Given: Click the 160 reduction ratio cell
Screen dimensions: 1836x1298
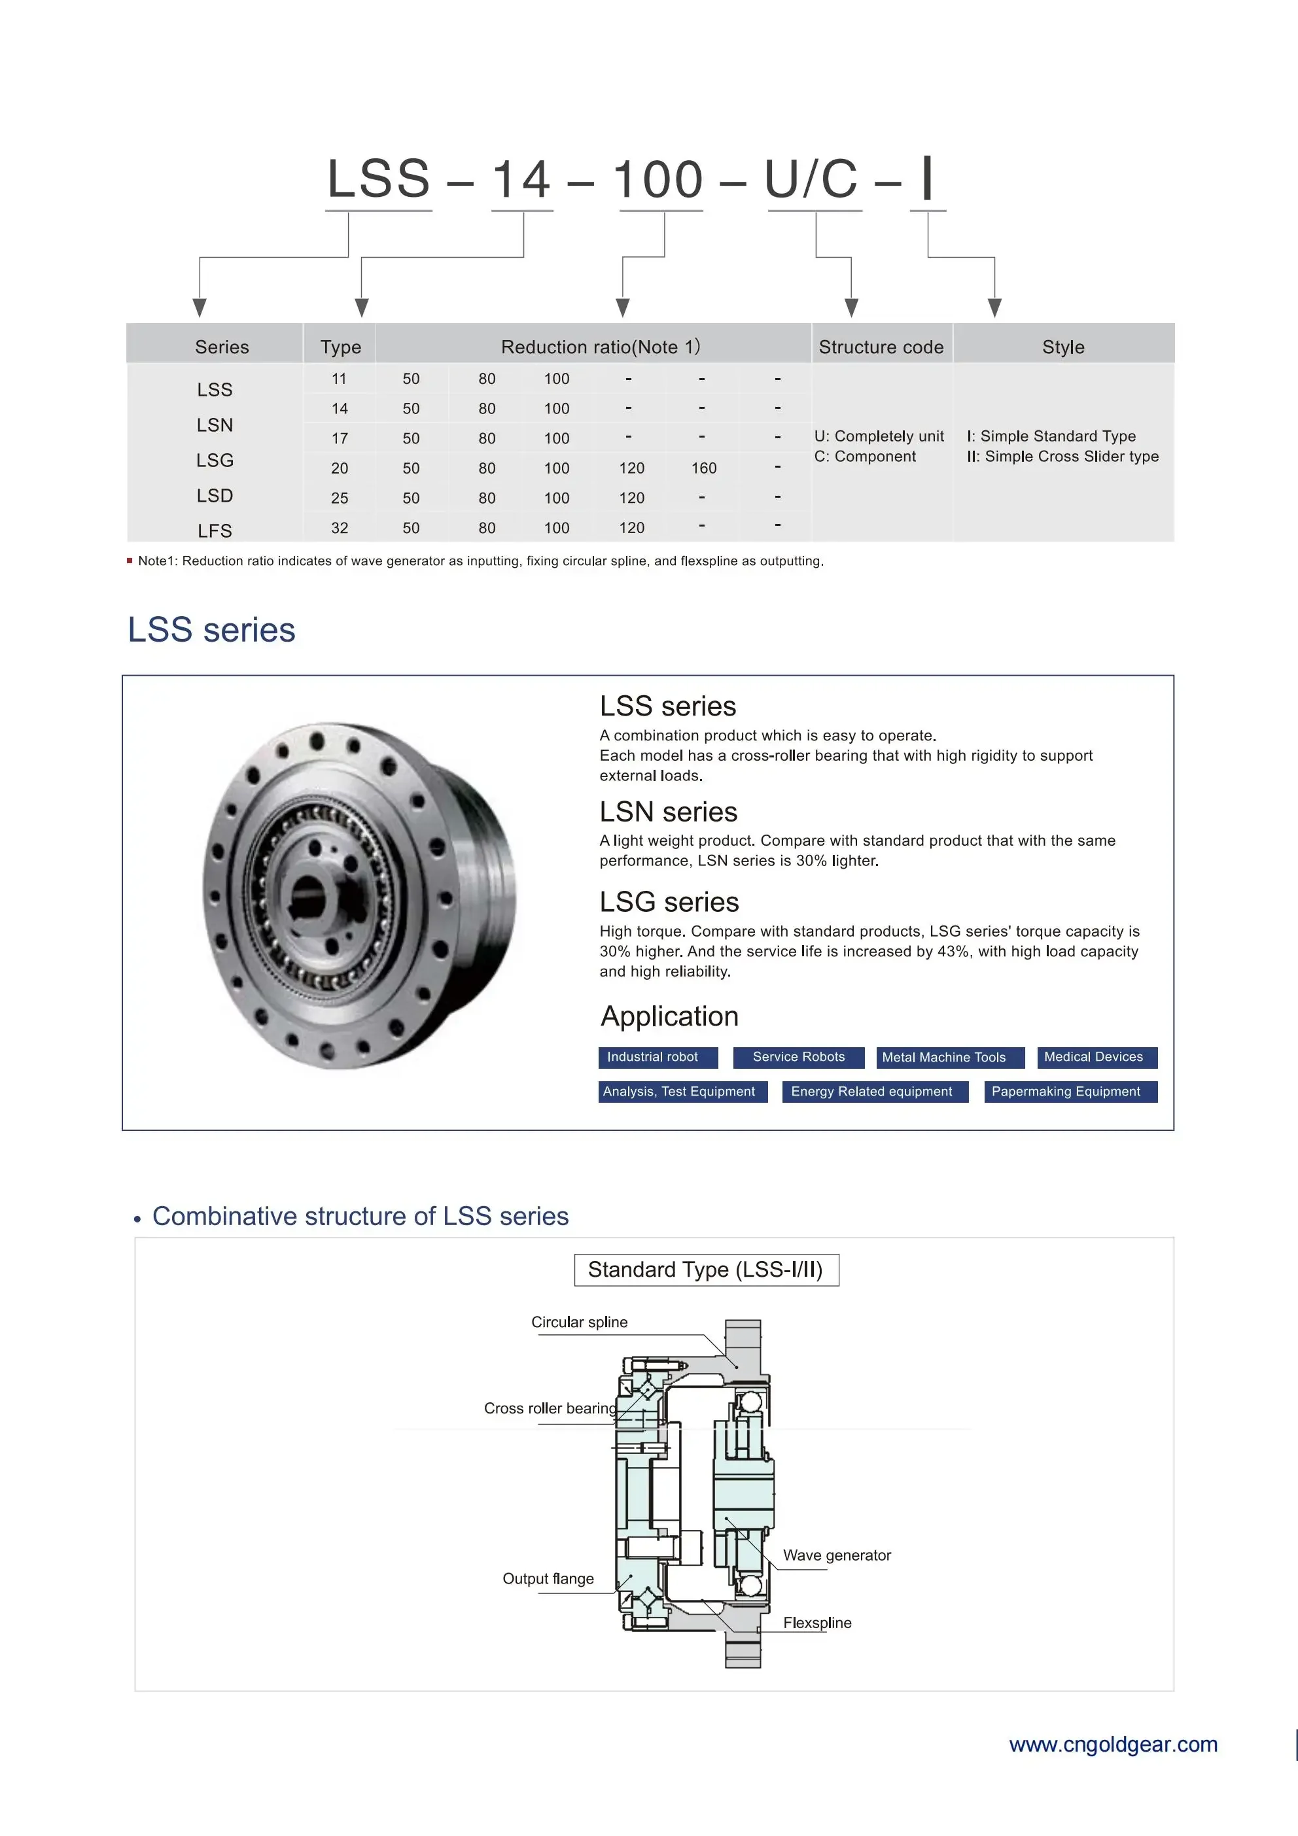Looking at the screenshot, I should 704,468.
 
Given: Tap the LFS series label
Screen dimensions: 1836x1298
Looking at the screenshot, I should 215,531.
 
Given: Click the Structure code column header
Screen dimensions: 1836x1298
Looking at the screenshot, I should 881,347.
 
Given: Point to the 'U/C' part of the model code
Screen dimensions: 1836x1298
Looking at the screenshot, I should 811,179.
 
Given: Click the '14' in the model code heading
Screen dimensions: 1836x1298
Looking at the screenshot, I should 521,179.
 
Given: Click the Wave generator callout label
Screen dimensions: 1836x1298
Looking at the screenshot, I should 837,1555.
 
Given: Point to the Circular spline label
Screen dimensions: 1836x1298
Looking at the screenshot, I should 579,1323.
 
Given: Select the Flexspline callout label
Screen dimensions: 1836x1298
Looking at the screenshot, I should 816,1623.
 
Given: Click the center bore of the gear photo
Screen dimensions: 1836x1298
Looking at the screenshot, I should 307,894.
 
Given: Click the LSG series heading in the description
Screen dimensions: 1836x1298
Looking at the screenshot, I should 669,902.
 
